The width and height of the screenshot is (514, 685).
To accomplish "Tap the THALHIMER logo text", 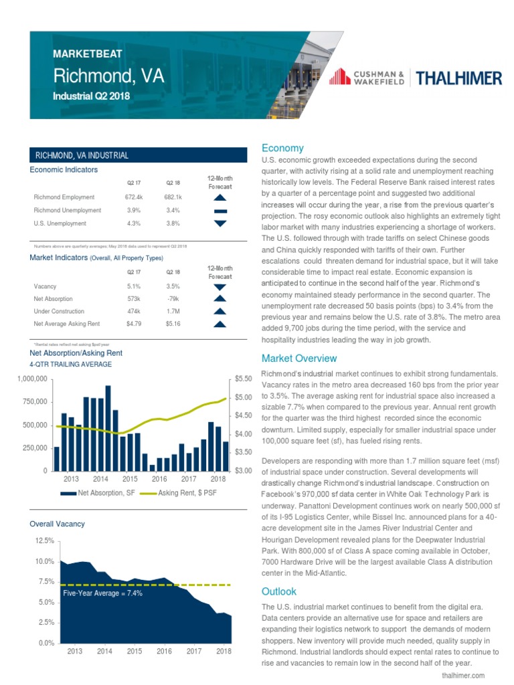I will click(459, 78).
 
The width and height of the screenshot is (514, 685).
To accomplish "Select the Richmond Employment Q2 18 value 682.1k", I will click(173, 197).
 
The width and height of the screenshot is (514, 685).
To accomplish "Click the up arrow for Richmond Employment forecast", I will click(220, 197).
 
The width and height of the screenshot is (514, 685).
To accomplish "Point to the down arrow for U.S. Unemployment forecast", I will click(220, 223).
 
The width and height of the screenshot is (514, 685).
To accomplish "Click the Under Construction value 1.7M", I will click(173, 312).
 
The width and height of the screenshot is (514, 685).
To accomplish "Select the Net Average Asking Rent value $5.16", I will click(173, 324).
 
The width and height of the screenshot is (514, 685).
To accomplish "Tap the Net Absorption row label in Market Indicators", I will click(53, 299).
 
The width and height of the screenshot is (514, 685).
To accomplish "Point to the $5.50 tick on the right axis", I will click(244, 379).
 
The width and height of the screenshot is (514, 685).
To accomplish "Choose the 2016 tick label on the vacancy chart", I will click(165, 650).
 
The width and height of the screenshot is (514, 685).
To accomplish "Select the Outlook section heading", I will click(279, 591).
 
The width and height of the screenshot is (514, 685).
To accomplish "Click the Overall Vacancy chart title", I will click(58, 524).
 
